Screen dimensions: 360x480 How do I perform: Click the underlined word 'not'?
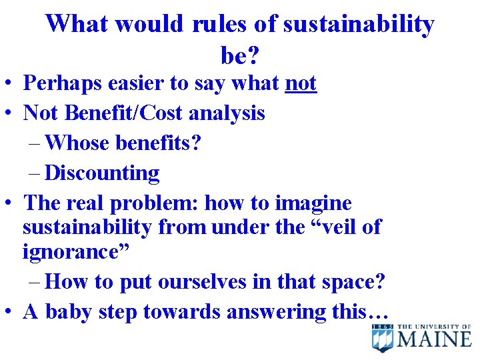pos(301,83)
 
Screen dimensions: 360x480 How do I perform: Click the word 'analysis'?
pos(227,113)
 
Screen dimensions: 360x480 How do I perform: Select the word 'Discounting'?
pos(102,173)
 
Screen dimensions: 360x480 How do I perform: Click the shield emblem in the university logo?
pos(383,337)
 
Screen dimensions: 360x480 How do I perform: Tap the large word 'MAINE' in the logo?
pos(435,339)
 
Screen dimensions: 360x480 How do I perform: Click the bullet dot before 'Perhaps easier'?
pos(9,85)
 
